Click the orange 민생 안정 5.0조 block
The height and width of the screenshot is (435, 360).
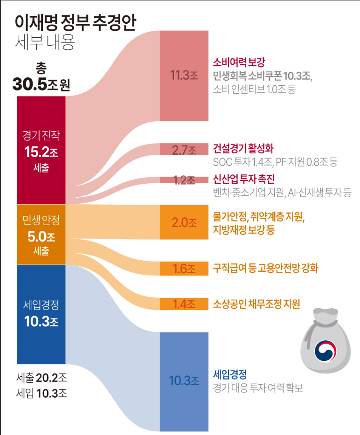41,235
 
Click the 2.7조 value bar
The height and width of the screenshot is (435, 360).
184,150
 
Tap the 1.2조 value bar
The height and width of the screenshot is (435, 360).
184,180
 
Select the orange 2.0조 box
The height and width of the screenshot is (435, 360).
184,222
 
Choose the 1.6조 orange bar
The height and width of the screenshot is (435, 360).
184,269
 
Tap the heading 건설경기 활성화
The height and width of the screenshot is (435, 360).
243,149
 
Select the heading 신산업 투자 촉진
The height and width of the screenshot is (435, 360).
243,179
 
